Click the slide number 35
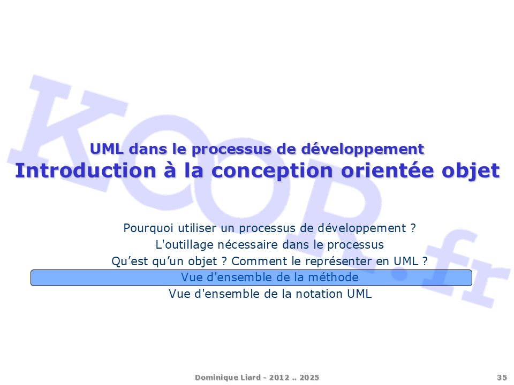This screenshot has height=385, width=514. click(x=502, y=378)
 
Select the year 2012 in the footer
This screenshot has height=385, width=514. click(x=279, y=378)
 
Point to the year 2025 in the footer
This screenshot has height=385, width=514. click(x=309, y=378)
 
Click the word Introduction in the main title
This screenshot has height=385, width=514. click(x=86, y=171)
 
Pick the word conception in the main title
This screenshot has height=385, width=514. click(x=272, y=172)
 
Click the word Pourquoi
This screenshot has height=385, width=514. click(x=148, y=228)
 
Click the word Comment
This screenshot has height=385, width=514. click(x=259, y=261)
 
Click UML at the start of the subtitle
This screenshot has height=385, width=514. click(x=107, y=149)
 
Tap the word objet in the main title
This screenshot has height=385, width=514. click(x=471, y=171)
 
